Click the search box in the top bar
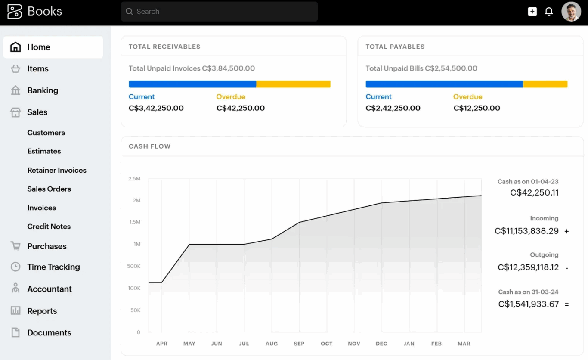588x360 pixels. click(x=219, y=12)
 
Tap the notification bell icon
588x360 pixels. click(x=549, y=12)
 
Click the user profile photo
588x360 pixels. click(x=571, y=12)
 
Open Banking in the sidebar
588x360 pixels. click(x=42, y=90)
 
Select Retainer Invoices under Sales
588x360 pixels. click(x=56, y=170)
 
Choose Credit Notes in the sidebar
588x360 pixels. click(x=49, y=227)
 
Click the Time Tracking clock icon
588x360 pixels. click(x=15, y=267)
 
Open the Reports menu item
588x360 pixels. click(x=42, y=311)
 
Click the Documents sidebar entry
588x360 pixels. click(x=49, y=333)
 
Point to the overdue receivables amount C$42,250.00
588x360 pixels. click(x=240, y=108)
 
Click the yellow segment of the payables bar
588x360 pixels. click(x=545, y=84)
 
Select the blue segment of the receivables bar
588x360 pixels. click(x=192, y=84)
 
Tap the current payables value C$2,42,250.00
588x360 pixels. click(x=393, y=108)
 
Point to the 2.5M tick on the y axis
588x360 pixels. click(x=134, y=179)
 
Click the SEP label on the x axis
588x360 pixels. click(x=299, y=344)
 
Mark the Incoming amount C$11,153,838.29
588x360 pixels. click(x=526, y=231)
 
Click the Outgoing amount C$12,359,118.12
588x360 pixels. click(x=528, y=267)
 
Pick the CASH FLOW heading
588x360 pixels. click(x=149, y=146)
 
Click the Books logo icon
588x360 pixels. click(x=15, y=12)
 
